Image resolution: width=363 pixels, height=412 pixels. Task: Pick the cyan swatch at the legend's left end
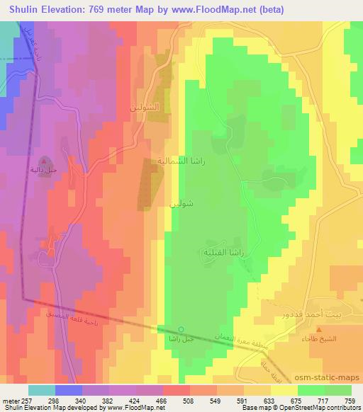pyautogui.click(x=41, y=389)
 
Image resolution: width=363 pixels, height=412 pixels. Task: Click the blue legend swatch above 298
pyautogui.click(x=68, y=389)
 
